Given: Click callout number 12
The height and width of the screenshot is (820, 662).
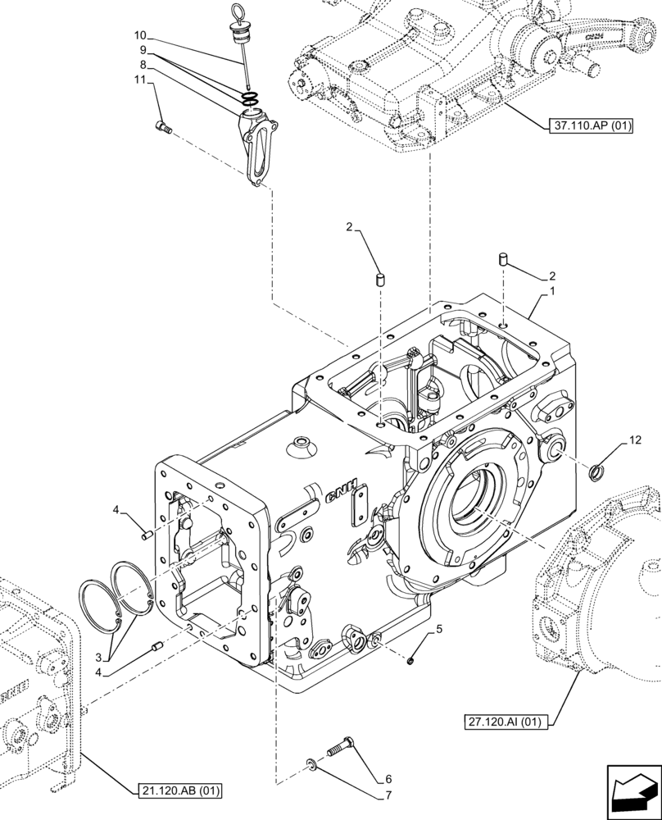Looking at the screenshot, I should [x=635, y=441].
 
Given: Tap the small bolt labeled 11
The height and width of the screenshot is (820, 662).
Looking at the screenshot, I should [x=162, y=125].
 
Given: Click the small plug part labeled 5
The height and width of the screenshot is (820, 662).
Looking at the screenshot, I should [x=411, y=659].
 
